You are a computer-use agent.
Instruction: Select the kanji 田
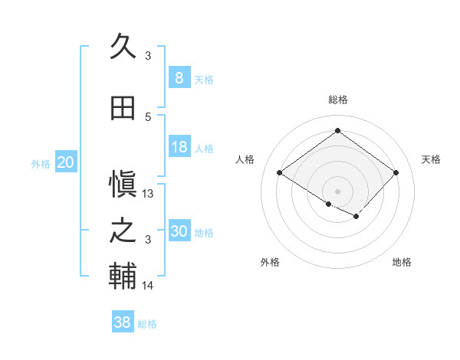click(x=123, y=108)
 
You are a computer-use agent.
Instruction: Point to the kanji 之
click(x=123, y=231)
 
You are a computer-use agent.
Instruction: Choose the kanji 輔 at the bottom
click(x=123, y=277)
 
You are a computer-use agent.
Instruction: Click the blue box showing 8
click(x=179, y=77)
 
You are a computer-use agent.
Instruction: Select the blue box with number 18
click(x=179, y=147)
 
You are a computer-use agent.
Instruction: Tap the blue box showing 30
click(x=179, y=231)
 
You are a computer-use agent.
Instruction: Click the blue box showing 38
click(x=123, y=322)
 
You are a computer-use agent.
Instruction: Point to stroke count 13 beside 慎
click(x=148, y=194)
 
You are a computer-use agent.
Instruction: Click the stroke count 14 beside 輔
click(x=148, y=286)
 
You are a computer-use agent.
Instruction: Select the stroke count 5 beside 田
click(x=148, y=117)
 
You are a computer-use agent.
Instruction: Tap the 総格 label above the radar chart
click(x=337, y=100)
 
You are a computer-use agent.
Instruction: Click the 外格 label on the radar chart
click(x=270, y=262)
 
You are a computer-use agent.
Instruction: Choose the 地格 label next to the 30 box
click(x=204, y=233)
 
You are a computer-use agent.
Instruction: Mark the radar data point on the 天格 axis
click(x=396, y=172)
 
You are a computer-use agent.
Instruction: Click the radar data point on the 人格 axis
click(x=280, y=172)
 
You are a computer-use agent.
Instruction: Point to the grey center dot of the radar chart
click(x=337, y=191)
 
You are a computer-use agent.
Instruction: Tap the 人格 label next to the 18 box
click(x=204, y=149)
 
